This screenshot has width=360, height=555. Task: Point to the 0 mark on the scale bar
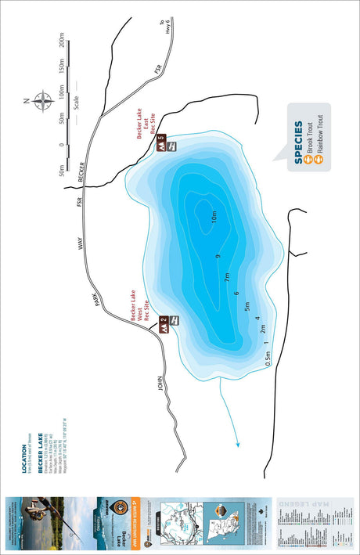pos(62,146)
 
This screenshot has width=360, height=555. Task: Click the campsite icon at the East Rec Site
pos(160,145)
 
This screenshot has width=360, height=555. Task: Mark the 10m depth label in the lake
pos(214,215)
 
